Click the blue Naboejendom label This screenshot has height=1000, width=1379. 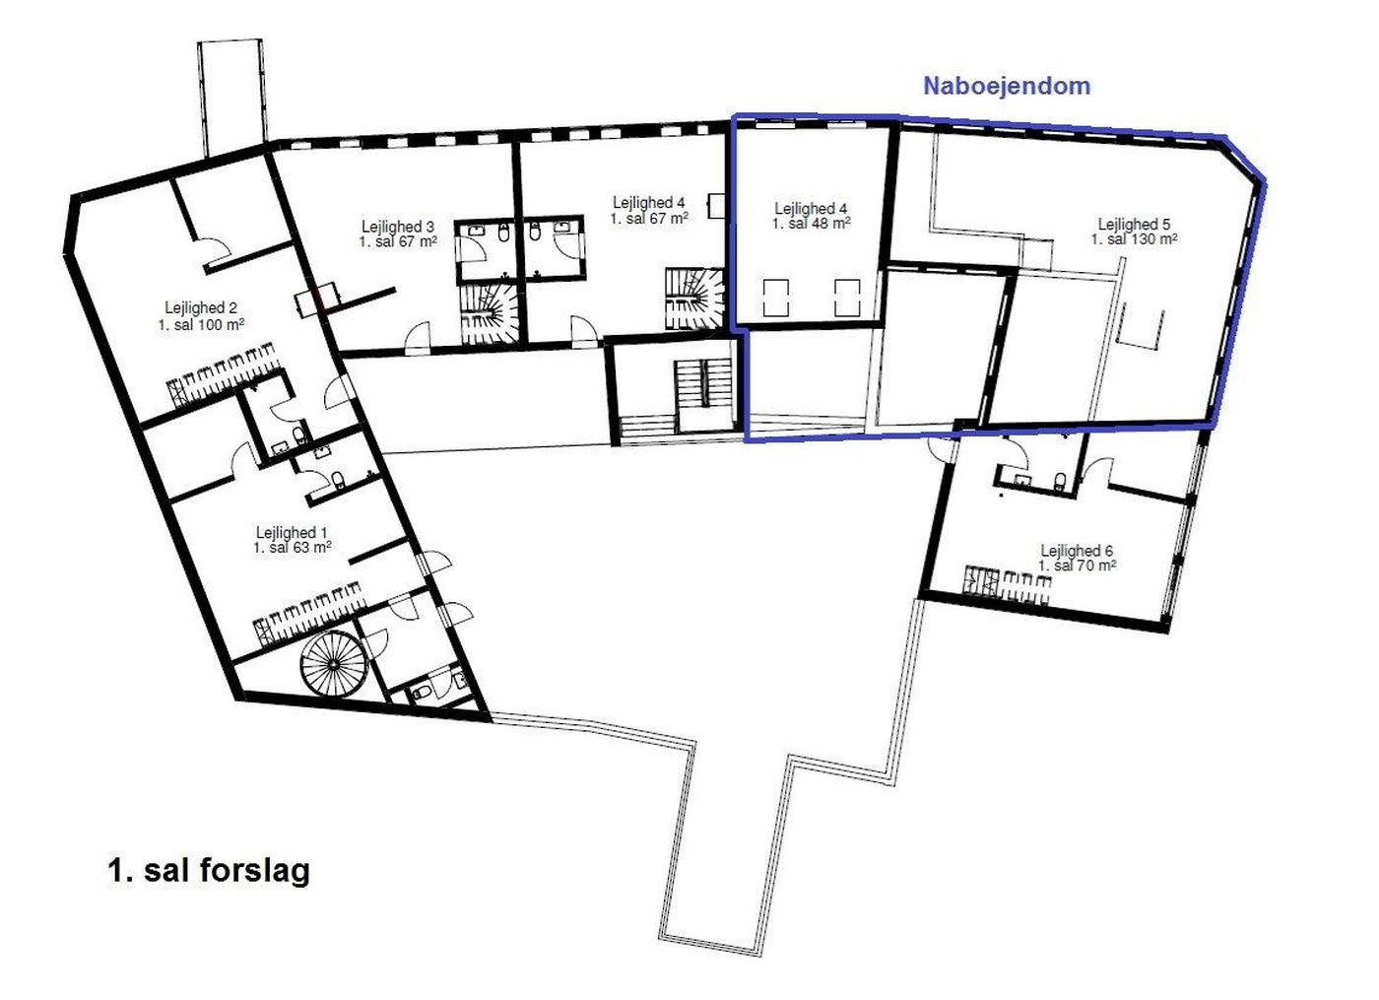click(x=1007, y=86)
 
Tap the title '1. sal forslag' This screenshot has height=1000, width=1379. click(x=209, y=872)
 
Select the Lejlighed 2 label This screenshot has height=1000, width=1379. click(x=201, y=307)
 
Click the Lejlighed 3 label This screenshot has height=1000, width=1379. click(x=398, y=227)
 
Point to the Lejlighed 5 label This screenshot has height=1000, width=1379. click(x=1134, y=225)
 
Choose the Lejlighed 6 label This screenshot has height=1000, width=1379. click(x=1077, y=551)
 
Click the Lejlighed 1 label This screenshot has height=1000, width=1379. click(x=292, y=532)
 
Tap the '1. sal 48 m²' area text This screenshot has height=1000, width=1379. click(x=812, y=224)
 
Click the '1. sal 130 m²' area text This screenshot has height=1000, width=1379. click(x=1134, y=239)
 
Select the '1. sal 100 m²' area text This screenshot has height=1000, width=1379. click(x=201, y=324)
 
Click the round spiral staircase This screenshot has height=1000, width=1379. click(x=334, y=666)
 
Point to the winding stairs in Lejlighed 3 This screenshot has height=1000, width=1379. click(x=491, y=313)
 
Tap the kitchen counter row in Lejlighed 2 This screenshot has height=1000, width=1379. click(x=222, y=374)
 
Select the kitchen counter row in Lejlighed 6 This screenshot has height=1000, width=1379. click(x=1006, y=585)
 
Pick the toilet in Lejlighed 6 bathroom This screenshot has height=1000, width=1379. click(x=1060, y=481)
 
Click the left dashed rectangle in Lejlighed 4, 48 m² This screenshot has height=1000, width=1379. click(x=776, y=298)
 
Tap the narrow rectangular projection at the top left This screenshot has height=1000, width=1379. click(x=232, y=98)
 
